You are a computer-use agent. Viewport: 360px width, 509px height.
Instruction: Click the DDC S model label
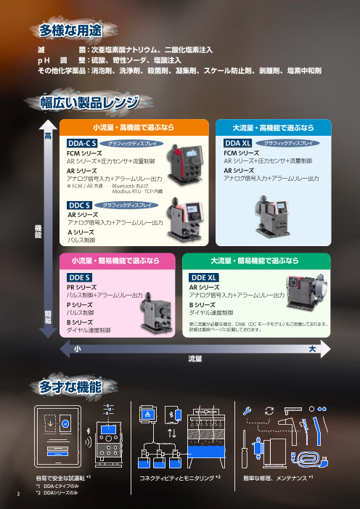point(78,206)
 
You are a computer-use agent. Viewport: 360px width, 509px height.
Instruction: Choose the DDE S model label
point(78,277)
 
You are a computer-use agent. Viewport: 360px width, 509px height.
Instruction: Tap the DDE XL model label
point(203,277)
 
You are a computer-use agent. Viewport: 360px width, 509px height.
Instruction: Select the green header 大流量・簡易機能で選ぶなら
point(254,260)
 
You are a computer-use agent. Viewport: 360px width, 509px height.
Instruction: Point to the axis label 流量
point(194,359)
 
